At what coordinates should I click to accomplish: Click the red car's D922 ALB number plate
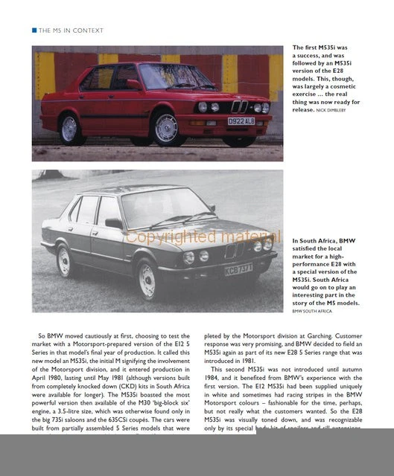(x=241, y=120)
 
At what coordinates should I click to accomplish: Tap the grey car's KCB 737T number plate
(x=238, y=269)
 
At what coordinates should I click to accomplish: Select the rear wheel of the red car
(x=71, y=128)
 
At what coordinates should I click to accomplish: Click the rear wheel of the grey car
(x=65, y=260)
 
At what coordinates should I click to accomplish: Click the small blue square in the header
(x=34, y=30)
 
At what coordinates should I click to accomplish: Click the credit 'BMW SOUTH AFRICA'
(x=312, y=311)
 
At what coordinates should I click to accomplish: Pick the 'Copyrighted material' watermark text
(x=193, y=237)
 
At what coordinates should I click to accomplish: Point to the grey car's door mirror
(x=114, y=223)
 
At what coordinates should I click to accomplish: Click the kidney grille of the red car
(x=239, y=106)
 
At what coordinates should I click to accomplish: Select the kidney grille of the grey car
(x=231, y=251)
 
